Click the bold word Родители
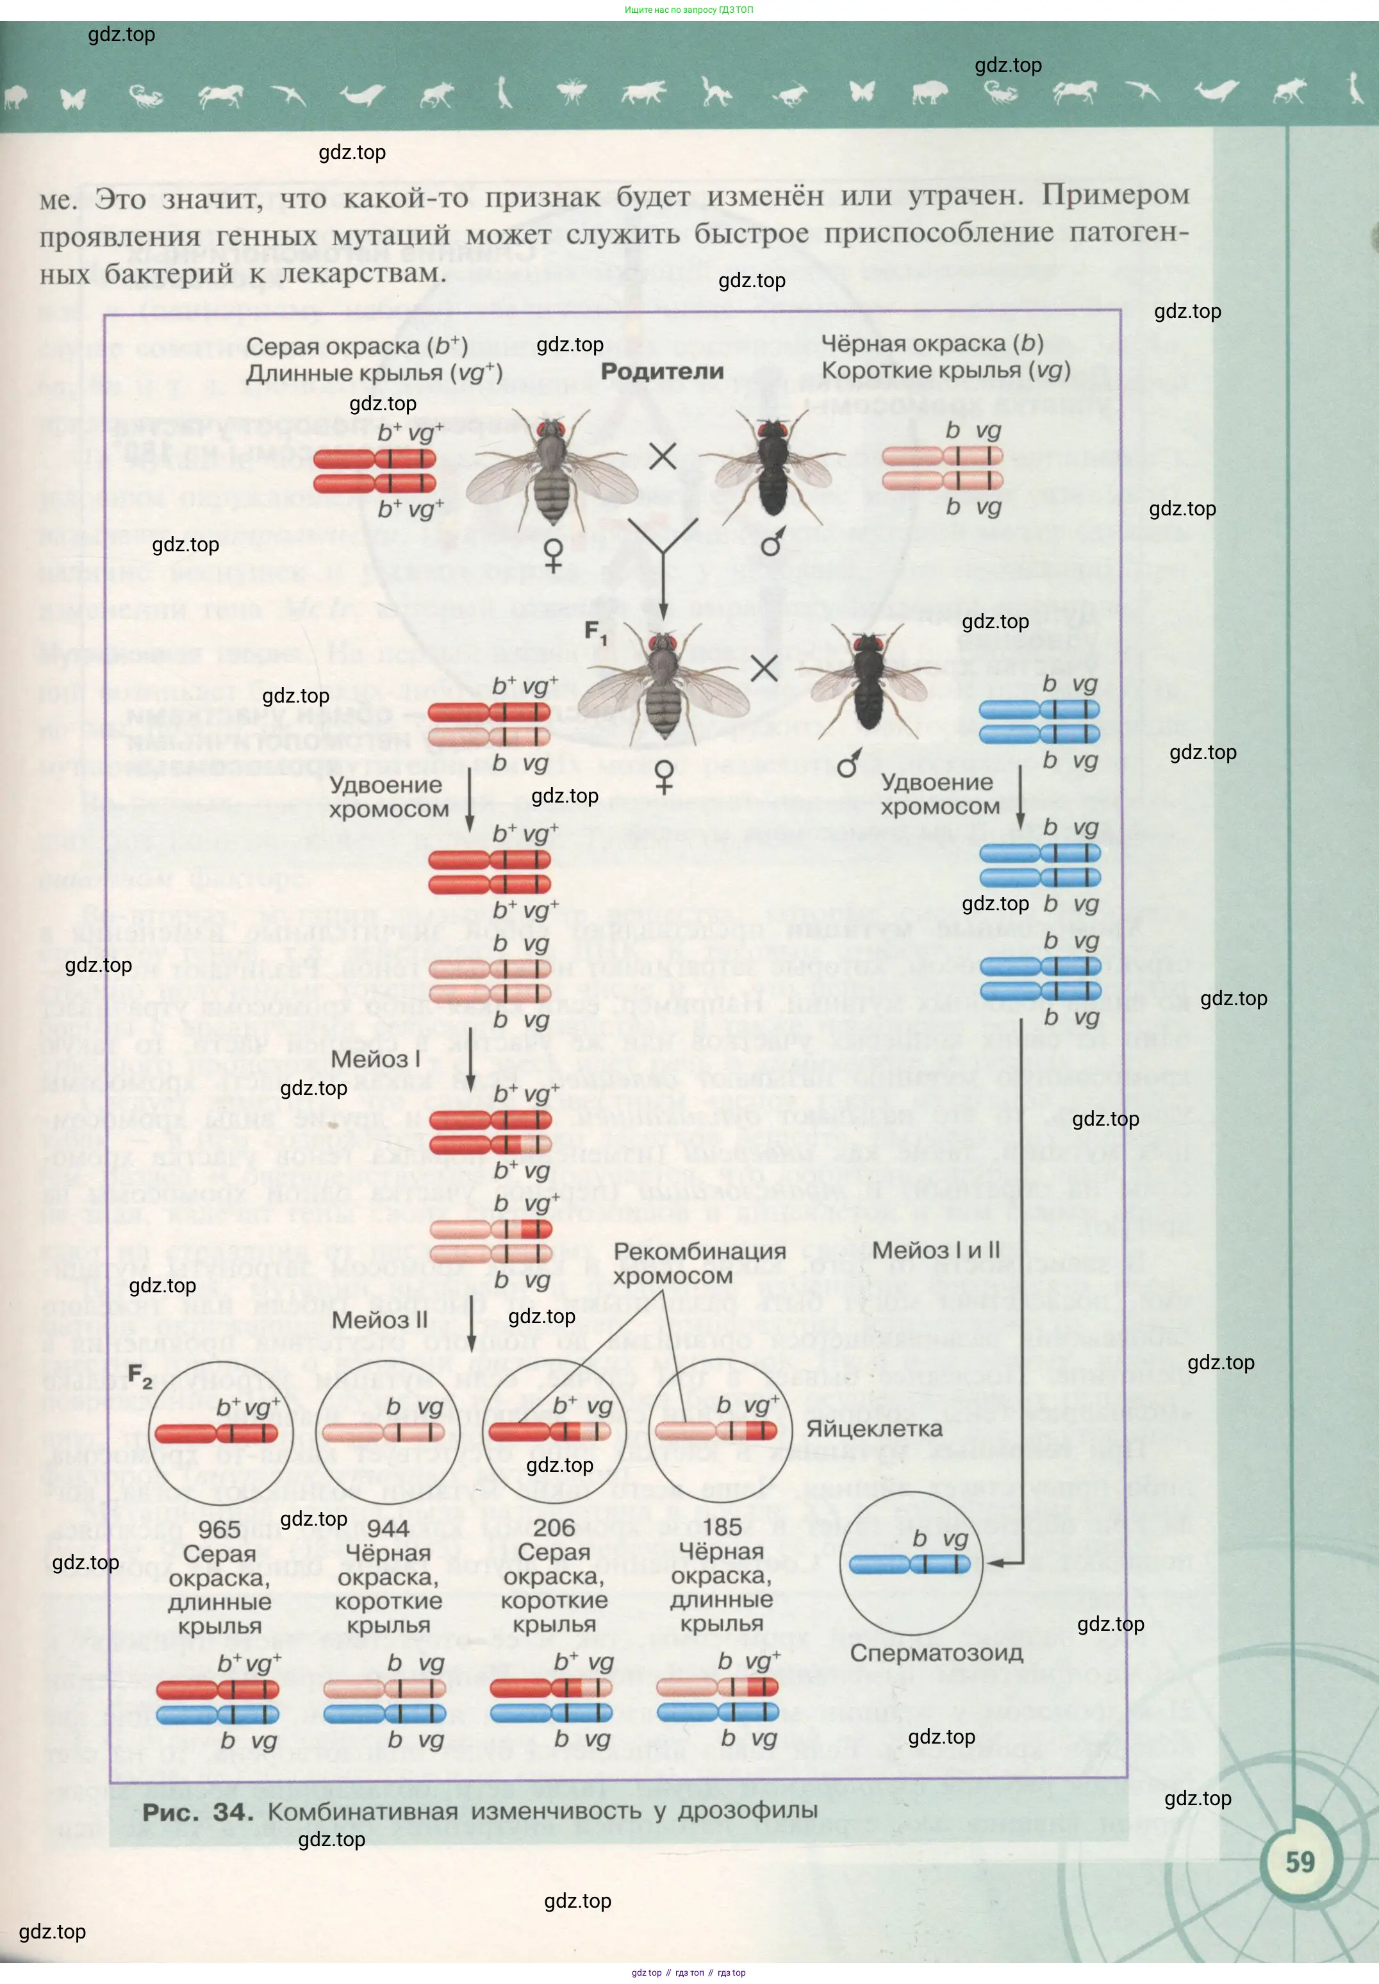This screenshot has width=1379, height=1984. click(661, 372)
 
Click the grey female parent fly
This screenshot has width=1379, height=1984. click(550, 471)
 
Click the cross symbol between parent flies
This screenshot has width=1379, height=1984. click(662, 456)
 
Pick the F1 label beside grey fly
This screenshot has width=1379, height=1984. click(595, 631)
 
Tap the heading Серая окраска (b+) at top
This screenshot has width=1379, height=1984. click(356, 347)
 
